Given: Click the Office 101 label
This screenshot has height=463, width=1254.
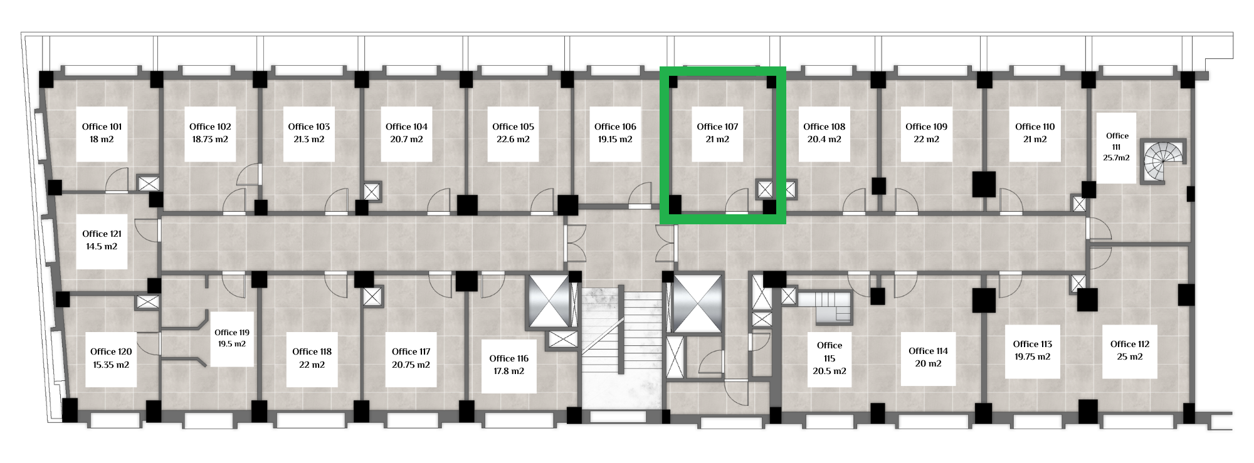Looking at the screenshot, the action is tap(102, 127).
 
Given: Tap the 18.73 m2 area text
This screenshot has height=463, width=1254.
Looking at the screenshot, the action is tap(210, 140).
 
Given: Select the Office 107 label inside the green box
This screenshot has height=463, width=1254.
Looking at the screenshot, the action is tap(717, 127).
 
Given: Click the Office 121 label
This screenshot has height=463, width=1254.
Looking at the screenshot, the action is tap(102, 234).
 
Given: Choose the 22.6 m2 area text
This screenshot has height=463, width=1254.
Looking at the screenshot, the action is tap(513, 140).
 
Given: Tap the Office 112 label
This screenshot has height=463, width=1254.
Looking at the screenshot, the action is tap(1130, 344).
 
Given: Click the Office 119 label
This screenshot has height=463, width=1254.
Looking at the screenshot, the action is tap(232, 333).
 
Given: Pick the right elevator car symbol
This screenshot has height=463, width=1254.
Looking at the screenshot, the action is tap(699, 304).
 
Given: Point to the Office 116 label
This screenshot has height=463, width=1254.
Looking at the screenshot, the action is tap(508, 358).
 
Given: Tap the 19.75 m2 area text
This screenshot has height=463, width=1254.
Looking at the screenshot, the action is tap(1033, 357).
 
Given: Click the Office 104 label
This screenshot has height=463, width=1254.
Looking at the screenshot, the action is tap(406, 127).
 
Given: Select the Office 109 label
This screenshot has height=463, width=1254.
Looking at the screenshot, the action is tap(926, 127).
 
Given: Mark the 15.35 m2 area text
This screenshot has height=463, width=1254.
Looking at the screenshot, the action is tap(111, 365).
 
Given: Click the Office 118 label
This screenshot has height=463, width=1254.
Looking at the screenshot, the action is tap(312, 351).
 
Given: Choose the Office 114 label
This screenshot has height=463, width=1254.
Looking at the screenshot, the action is tap(928, 351).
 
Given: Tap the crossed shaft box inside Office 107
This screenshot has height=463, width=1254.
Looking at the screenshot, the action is tap(766, 189).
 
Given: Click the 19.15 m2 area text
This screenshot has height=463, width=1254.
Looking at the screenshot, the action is tap(615, 140).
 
